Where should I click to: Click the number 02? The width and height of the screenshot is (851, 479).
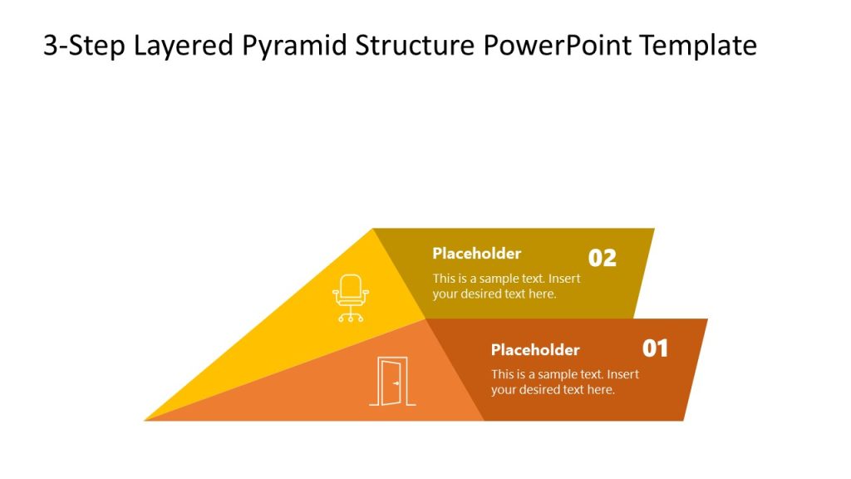tap(603, 258)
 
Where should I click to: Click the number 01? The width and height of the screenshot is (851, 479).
tap(655, 348)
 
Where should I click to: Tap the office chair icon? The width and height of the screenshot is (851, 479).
tap(351, 298)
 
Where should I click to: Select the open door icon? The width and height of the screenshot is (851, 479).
tap(392, 382)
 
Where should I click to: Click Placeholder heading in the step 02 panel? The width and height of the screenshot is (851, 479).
tap(476, 254)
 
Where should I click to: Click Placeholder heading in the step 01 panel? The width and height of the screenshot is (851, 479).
tap(535, 350)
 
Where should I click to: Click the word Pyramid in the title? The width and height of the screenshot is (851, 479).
tap(295, 45)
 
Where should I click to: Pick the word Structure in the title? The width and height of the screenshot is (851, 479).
tap(415, 45)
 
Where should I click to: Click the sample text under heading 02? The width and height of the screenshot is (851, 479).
tap(506, 286)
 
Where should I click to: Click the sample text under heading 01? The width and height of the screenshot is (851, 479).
tap(564, 382)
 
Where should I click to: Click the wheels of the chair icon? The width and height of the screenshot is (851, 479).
tap(351, 318)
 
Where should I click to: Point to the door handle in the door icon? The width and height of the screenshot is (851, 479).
tap(397, 383)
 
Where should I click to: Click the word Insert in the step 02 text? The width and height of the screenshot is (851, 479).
tap(564, 279)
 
